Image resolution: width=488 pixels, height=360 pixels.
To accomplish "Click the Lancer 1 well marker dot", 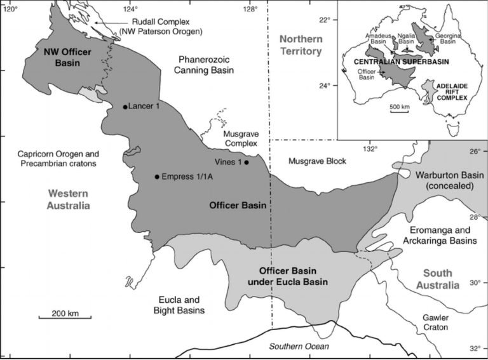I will tap(125, 107).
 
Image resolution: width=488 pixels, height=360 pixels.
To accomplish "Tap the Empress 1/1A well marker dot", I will tap(156, 177).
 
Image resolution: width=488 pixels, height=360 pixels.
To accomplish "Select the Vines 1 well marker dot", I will tap(247, 162).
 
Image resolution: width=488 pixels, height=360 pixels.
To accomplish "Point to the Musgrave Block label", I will tap(317, 161).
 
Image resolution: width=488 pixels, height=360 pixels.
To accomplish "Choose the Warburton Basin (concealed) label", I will tap(441, 180).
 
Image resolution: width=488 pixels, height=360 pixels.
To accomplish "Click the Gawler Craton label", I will tap(435, 321).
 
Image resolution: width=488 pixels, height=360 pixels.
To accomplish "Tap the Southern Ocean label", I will tap(299, 346).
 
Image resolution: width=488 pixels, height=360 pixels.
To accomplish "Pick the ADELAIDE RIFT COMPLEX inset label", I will tap(450, 93).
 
